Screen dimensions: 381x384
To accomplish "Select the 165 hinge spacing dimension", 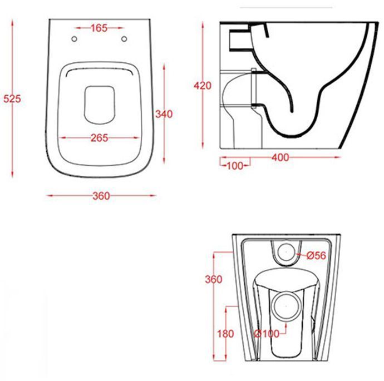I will pos(100,28).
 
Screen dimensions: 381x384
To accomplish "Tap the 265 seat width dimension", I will pos(99,138).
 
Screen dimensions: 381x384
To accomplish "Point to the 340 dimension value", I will pos(164,114).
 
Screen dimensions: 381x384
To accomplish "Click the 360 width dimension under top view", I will pos(101,196).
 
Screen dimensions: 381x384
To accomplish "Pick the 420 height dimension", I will pos(203,86).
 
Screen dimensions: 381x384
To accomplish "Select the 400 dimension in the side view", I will pos(280,157).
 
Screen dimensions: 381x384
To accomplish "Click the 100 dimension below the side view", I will pos(234,165).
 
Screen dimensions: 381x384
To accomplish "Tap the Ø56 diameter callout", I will pos(316,255).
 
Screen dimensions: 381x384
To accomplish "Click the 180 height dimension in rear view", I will pos(225,334).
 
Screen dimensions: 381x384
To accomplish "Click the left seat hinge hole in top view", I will pos(74,38).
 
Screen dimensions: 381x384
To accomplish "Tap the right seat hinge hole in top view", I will pos(125,38).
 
